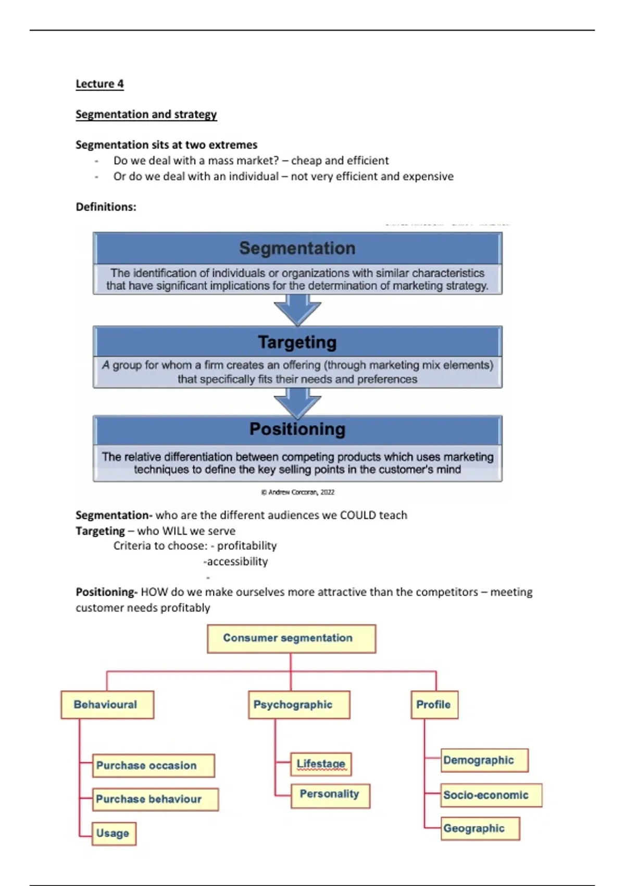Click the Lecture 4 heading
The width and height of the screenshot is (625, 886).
tap(99, 84)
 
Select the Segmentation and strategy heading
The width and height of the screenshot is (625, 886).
tap(146, 114)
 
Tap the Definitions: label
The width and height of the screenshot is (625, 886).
tap(106, 207)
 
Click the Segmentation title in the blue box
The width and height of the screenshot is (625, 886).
tap(297, 248)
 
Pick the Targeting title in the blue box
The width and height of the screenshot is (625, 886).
tap(297, 342)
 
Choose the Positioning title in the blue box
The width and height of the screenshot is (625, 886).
tap(297, 429)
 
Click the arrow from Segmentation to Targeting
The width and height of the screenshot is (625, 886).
tap(297, 310)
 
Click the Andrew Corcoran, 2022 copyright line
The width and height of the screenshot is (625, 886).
tap(297, 492)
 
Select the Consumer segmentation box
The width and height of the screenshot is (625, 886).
tap(291, 638)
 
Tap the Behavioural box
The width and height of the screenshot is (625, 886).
tap(107, 705)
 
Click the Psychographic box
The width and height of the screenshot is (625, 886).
tap(298, 705)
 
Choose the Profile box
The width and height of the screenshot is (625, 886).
tap(434, 705)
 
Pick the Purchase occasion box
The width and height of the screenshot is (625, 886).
tap(153, 766)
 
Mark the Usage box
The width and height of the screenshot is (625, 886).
tap(114, 833)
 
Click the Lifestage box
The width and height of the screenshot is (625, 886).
tap(321, 764)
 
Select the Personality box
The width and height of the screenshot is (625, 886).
tap(330, 795)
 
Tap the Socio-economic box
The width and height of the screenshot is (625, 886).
tap(491, 795)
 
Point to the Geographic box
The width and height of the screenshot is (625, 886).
tap(480, 829)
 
